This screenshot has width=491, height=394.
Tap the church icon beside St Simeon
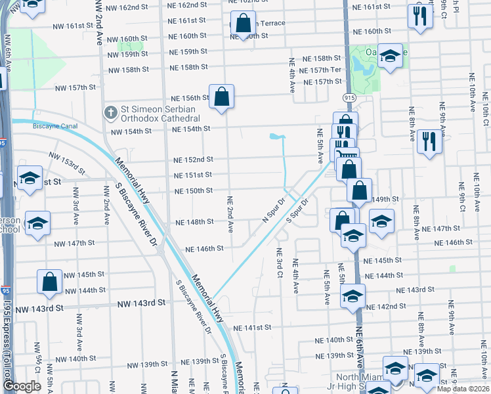(x=110, y=113)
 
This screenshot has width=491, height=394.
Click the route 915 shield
(x=347, y=97)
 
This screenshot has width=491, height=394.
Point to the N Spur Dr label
(x=275, y=210)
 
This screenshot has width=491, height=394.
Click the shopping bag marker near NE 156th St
(x=222, y=97)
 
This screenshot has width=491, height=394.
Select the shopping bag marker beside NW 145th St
(x=50, y=282)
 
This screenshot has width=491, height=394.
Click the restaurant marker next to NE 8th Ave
(x=429, y=141)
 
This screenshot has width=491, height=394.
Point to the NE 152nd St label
(x=193, y=160)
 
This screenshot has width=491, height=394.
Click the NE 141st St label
(x=251, y=327)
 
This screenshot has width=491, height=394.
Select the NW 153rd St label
(x=66, y=163)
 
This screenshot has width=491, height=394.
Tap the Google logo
(x=22, y=386)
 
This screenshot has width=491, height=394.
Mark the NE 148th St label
(x=195, y=222)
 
